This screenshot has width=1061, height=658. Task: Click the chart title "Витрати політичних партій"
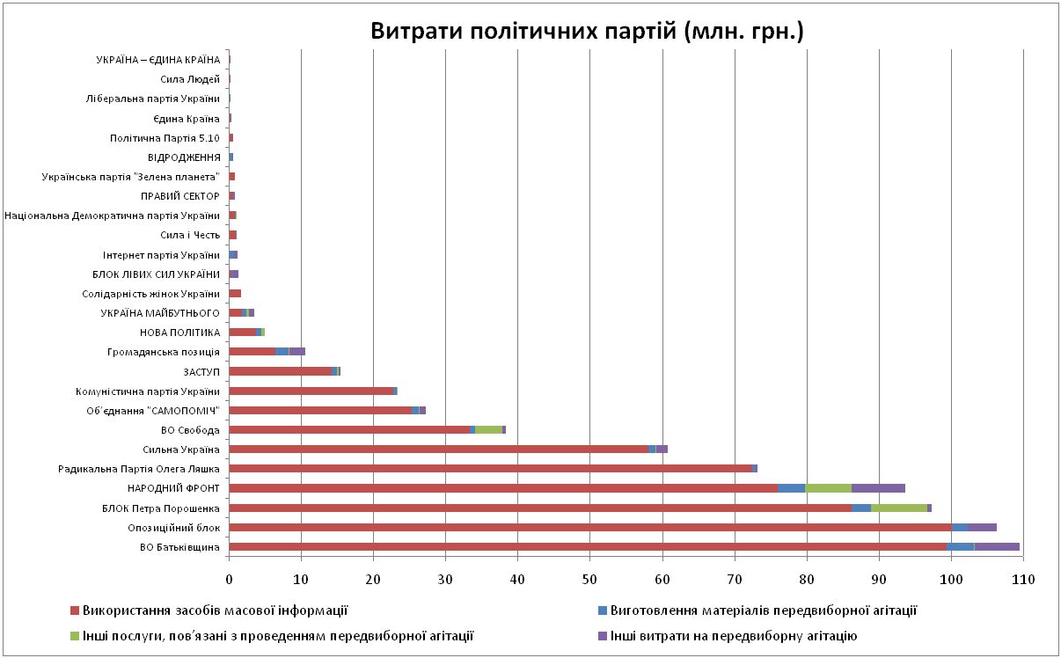coord(587,32)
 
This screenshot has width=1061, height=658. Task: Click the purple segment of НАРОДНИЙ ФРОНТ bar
coord(878,488)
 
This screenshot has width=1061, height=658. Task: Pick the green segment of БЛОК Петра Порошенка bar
coord(898,508)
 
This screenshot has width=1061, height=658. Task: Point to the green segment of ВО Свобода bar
coord(488,429)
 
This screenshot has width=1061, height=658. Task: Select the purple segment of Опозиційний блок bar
coord(982,527)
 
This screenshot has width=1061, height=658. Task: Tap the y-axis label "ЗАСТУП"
coord(201,371)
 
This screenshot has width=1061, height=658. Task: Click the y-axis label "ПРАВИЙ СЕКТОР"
coord(179,196)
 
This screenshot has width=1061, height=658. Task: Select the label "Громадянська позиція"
coord(174,352)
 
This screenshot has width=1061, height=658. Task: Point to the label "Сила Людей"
coord(195,79)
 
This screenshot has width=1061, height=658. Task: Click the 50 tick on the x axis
coord(589,579)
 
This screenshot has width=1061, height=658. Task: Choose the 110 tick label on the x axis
coord(1022,579)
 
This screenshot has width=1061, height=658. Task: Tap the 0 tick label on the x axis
coord(229,579)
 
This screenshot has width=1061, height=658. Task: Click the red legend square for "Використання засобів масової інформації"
coord(75,610)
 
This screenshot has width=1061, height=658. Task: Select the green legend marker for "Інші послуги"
coord(75,636)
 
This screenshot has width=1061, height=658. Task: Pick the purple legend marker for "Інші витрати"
coord(602,636)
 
